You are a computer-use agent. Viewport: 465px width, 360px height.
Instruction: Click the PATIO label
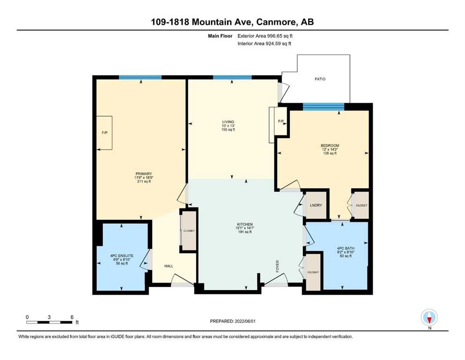tap(320, 79)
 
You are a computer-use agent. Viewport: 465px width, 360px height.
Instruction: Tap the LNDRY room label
tap(316, 205)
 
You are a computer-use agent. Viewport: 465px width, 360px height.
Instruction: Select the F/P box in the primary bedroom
tap(104, 133)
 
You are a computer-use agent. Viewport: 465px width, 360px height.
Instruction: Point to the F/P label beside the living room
tap(281, 121)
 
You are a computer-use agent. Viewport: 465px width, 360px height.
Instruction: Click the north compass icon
tap(429, 317)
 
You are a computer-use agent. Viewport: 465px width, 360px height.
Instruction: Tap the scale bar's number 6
tap(72, 317)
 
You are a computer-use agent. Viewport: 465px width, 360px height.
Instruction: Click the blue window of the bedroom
tap(324, 107)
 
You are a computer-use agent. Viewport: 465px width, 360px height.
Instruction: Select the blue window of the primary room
tap(140, 77)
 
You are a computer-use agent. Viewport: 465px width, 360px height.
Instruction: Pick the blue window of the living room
tap(232, 77)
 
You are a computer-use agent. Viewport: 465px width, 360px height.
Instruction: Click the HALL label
tap(169, 266)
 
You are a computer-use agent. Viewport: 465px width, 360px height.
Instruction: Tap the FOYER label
tap(278, 266)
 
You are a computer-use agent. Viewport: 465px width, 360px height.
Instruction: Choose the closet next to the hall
tap(189, 231)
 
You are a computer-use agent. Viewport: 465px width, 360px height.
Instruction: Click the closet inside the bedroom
tap(361, 205)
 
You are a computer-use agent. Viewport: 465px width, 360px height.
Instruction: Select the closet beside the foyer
tap(313, 272)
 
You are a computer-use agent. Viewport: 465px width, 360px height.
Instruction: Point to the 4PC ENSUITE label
tap(122, 255)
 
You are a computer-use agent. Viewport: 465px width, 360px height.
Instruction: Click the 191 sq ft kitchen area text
tap(245, 232)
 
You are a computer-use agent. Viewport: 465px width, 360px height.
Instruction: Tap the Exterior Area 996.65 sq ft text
tap(265, 36)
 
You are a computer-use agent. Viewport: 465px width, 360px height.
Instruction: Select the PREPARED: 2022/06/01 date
tap(233, 321)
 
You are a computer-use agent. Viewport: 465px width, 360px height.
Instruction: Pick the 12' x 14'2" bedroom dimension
tap(330, 149)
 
